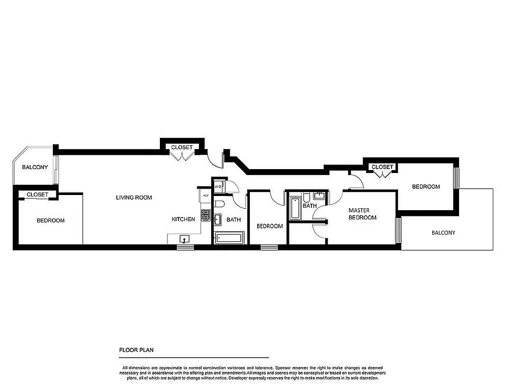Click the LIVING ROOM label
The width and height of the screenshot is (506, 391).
point(133,198)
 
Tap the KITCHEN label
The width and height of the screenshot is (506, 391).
point(183,219)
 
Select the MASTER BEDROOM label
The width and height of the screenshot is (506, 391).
point(362,214)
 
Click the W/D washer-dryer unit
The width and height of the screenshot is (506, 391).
point(218,186)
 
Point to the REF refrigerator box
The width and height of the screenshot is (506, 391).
point(205,195)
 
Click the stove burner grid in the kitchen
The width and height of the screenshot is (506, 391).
point(205,216)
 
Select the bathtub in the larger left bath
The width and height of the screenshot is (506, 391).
point(229,238)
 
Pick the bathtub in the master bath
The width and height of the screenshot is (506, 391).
point(295,207)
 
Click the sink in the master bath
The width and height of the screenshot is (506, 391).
point(320,195)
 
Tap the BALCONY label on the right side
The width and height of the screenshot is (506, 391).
point(443,233)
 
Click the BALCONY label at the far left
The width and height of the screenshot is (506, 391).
point(35,167)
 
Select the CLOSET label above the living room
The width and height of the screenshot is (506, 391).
point(181,147)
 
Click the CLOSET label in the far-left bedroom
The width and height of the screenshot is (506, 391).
point(38,195)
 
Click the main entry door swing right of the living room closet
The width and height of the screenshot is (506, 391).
point(215,159)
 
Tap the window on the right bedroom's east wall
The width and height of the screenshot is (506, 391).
point(458,178)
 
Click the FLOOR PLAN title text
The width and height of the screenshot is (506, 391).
point(137,350)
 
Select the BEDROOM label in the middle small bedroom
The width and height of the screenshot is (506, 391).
point(269,226)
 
